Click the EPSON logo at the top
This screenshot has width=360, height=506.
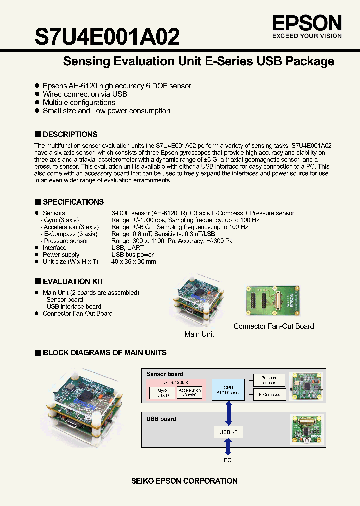click(307, 23)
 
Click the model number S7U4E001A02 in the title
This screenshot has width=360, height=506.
click(107, 36)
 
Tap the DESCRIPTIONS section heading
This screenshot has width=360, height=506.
click(69, 134)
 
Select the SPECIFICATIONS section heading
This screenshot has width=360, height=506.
click(73, 202)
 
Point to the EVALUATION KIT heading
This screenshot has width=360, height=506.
click(73, 281)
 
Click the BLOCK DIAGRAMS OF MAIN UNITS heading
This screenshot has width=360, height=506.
click(104, 352)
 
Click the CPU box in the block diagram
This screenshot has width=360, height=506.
click(228, 390)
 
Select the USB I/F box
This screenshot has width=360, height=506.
click(228, 432)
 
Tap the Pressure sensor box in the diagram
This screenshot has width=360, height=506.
click(269, 380)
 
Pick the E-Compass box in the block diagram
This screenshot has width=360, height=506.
click(269, 394)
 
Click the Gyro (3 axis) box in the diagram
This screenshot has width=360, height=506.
click(162, 393)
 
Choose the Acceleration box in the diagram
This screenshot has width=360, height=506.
click(190, 393)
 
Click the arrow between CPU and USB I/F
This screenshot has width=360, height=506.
click(228, 412)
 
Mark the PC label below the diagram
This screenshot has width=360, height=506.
click(228, 460)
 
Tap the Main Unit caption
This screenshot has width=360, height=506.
click(199, 334)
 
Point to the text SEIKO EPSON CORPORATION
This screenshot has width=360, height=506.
click(184, 481)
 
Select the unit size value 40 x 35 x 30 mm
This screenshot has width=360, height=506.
click(134, 262)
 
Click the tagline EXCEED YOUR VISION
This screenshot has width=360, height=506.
click(307, 36)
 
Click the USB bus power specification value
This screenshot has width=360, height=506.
click(132, 255)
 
